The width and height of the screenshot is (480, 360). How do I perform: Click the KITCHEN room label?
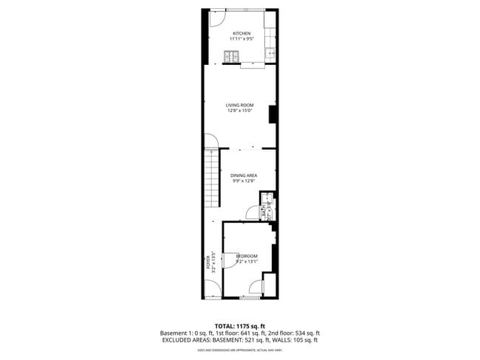coord(241,34)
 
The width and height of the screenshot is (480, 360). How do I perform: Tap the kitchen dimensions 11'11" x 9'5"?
coord(241,39)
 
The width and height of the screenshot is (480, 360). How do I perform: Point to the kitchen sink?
coord(270,52)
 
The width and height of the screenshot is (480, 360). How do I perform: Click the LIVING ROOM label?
coord(240,105)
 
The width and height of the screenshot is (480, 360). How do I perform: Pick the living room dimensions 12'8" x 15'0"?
coord(240,111)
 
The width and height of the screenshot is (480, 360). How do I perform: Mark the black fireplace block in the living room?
coord(272,114)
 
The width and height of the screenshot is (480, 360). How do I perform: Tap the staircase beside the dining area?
coord(213,177)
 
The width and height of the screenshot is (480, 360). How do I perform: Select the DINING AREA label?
coord(244,176)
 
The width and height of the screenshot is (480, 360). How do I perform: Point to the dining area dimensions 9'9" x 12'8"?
coord(244,181)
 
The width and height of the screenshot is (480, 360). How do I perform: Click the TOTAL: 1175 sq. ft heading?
coord(240,325)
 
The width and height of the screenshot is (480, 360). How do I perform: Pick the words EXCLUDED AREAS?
coord(187,340)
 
